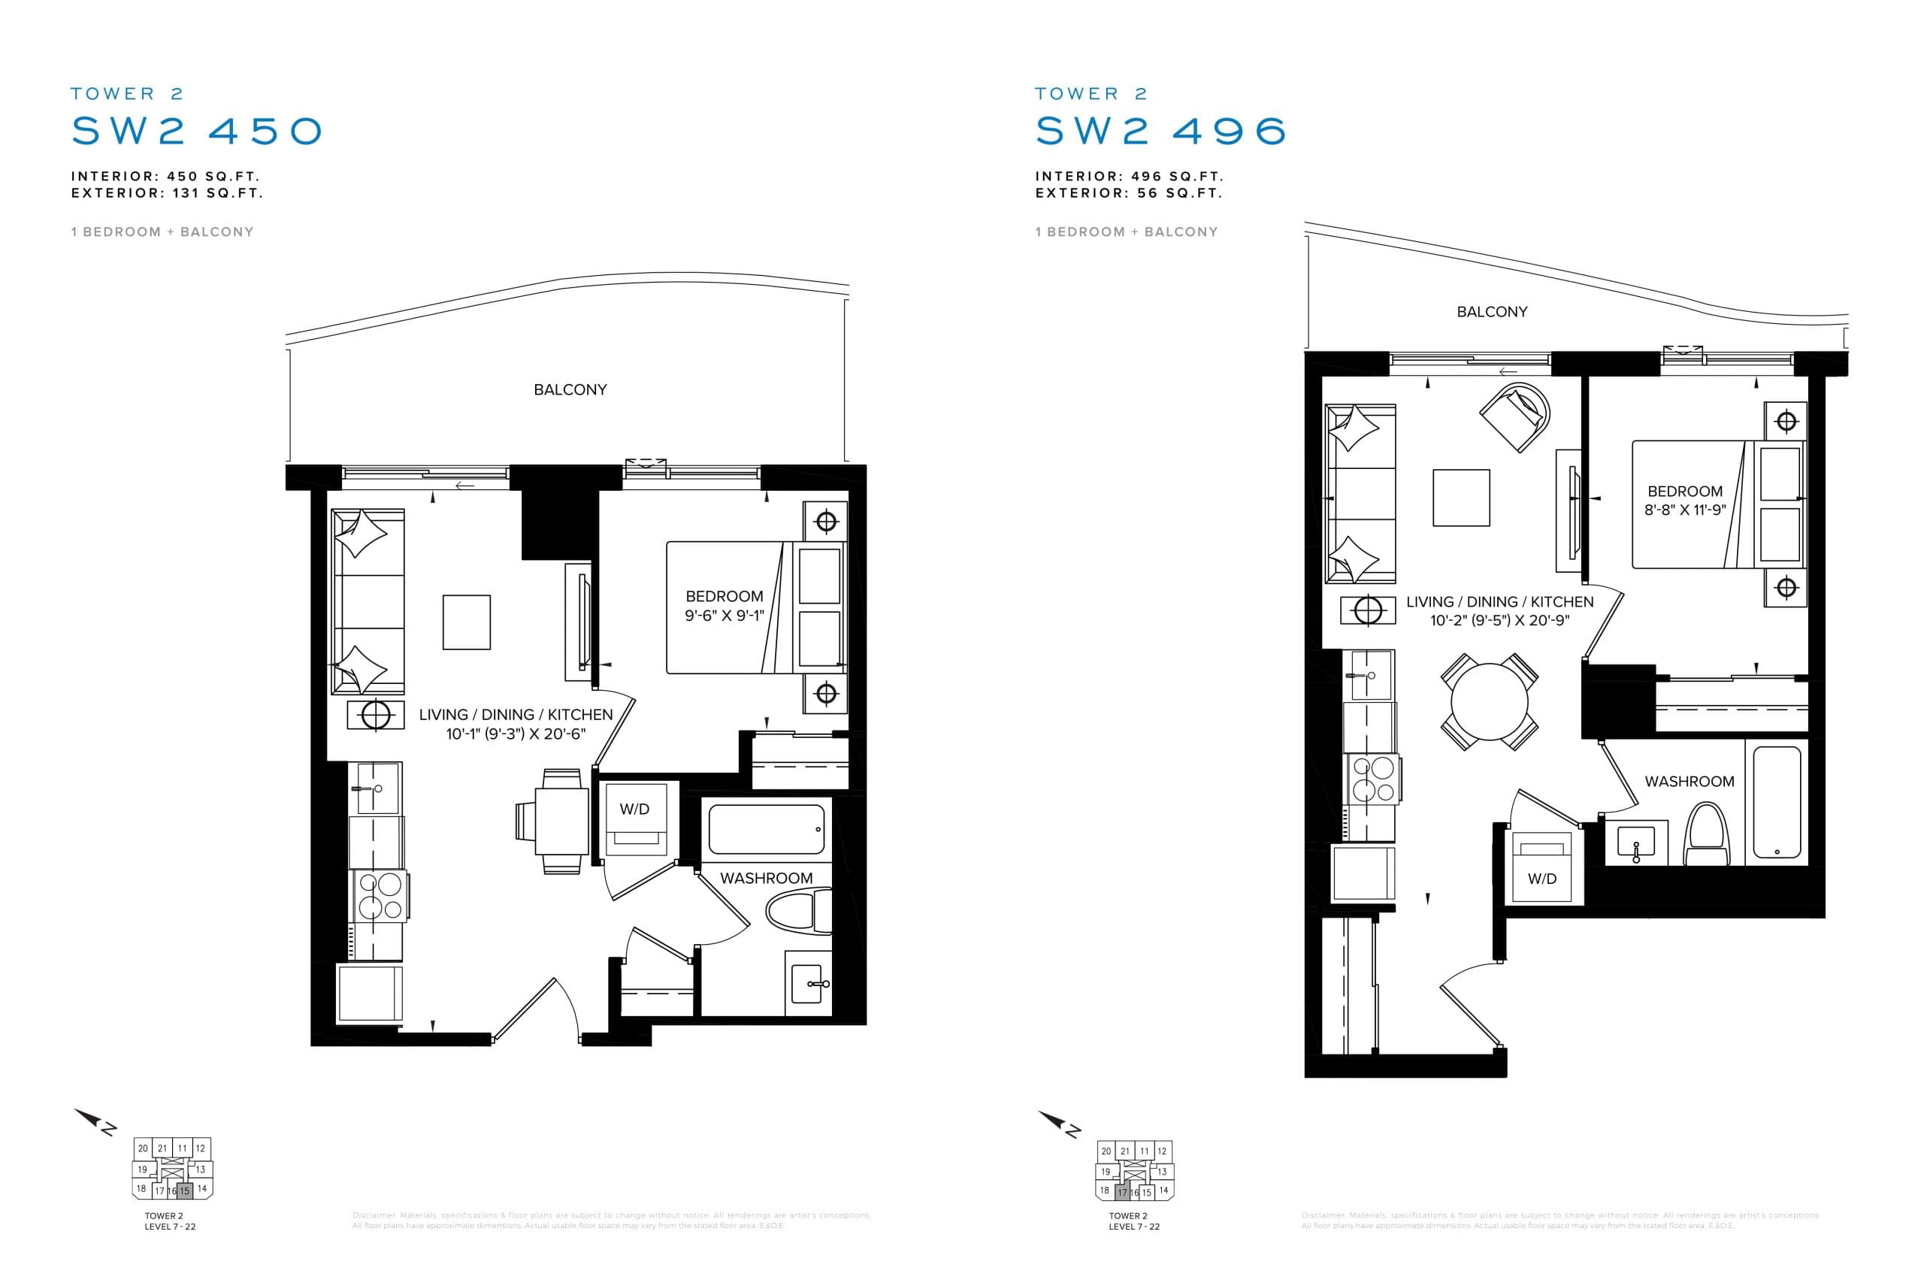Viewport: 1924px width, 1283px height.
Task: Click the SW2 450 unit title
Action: pos(197,131)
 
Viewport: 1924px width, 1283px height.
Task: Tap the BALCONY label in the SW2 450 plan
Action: pos(570,390)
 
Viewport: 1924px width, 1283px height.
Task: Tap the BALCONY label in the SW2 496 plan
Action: pos(1491,312)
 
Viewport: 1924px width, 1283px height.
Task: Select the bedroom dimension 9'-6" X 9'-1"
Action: pos(724,616)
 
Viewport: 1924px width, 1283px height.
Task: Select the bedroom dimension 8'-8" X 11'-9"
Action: pos(1685,510)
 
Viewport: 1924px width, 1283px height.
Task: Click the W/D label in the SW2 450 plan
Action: pos(634,809)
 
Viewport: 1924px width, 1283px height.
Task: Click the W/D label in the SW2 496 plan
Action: pos(1542,879)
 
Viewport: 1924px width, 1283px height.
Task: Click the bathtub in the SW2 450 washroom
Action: pos(766,829)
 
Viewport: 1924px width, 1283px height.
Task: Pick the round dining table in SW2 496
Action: pos(1489,702)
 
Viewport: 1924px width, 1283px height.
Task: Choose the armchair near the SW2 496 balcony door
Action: pos(1516,416)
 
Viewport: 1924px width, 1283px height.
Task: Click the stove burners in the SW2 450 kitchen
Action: pos(379,896)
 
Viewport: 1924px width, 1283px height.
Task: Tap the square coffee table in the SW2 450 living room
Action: pos(466,622)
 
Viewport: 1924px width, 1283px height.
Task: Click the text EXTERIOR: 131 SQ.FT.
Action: pos(167,194)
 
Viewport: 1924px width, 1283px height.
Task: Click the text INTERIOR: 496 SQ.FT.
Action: pos(1129,177)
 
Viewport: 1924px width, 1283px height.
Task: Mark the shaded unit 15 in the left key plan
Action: pos(185,1191)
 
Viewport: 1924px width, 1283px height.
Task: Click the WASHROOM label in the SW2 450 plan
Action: pos(766,878)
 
